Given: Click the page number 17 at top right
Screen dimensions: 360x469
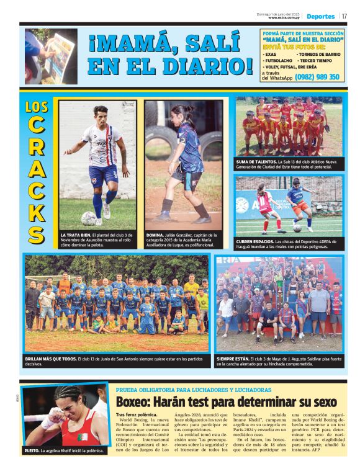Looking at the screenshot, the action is tap(344, 16).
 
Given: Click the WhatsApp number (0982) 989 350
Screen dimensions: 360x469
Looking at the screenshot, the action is tap(317, 77).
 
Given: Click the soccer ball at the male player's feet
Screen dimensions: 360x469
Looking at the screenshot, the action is tap(89, 218).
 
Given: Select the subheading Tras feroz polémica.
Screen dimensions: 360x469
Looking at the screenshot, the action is tap(137, 414).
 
